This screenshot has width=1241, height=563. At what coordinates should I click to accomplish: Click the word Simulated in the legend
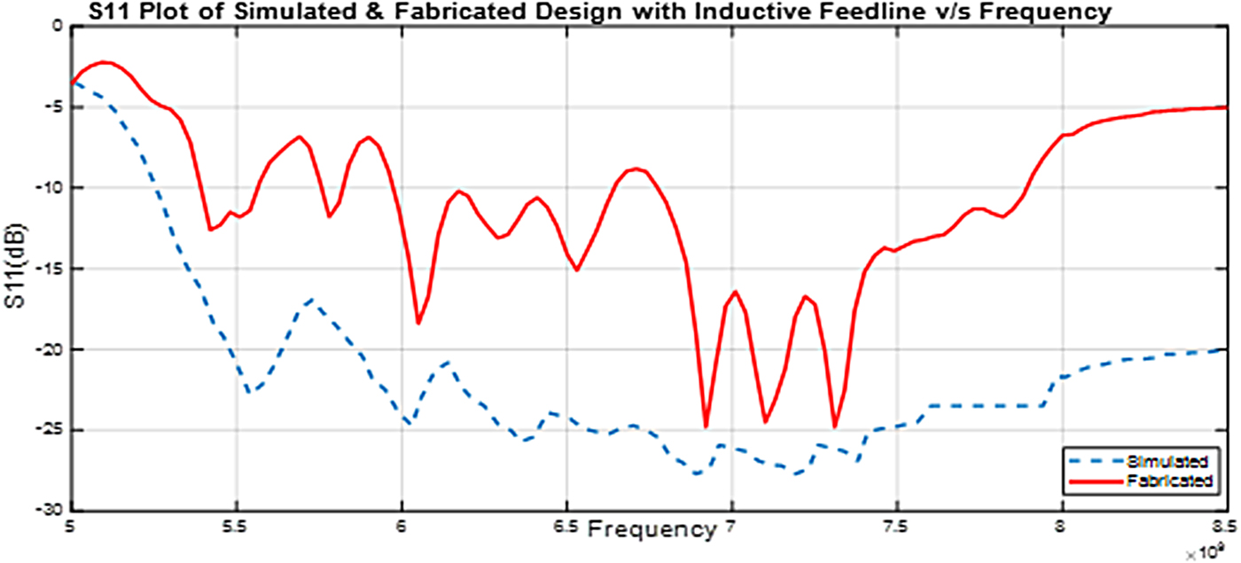[x=1167, y=461]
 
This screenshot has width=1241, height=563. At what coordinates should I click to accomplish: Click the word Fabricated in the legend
[x=1168, y=481]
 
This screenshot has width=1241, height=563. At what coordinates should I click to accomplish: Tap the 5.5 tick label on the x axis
[x=235, y=527]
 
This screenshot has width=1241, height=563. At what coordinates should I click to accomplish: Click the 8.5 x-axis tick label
[x=1226, y=527]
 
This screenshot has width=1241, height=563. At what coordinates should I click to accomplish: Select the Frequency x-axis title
[x=651, y=530]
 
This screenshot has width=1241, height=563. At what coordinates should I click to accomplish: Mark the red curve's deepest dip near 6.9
[x=706, y=427]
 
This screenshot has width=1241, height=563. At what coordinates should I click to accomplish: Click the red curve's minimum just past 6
[x=418, y=324]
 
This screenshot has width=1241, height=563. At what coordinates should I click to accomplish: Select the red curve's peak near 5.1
[x=105, y=62]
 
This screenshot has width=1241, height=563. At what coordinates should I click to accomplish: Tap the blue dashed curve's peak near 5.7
[x=310, y=300]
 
